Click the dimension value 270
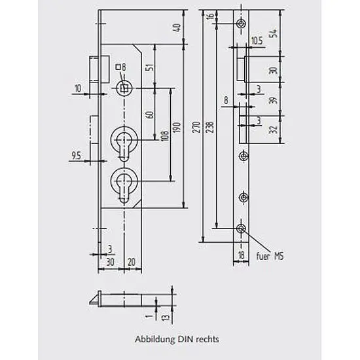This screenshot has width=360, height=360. point(196,127)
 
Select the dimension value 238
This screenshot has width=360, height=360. point(210,127)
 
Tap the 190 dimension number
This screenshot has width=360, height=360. point(177,128)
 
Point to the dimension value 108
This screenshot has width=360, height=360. point(165,135)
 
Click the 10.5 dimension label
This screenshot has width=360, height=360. point(257,41)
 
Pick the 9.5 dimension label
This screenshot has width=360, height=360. point(77,155)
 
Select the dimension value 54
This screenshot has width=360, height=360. point(273,33)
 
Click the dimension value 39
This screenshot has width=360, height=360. point(273,100)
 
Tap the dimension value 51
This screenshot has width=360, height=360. point(151,67)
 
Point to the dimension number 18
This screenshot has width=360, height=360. point(241,255)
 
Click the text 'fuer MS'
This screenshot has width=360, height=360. point(270,256)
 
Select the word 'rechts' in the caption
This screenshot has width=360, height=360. point(207,339)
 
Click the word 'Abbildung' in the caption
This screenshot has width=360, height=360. point(154,339)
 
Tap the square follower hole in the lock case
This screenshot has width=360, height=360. point(124,88)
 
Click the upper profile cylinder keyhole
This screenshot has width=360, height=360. point(124,144)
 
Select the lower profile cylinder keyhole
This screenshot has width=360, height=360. point(124,185)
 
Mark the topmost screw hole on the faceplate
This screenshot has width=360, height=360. point(241,24)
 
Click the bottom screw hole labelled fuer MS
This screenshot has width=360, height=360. point(241,228)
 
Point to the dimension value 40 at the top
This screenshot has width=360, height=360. point(177,27)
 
